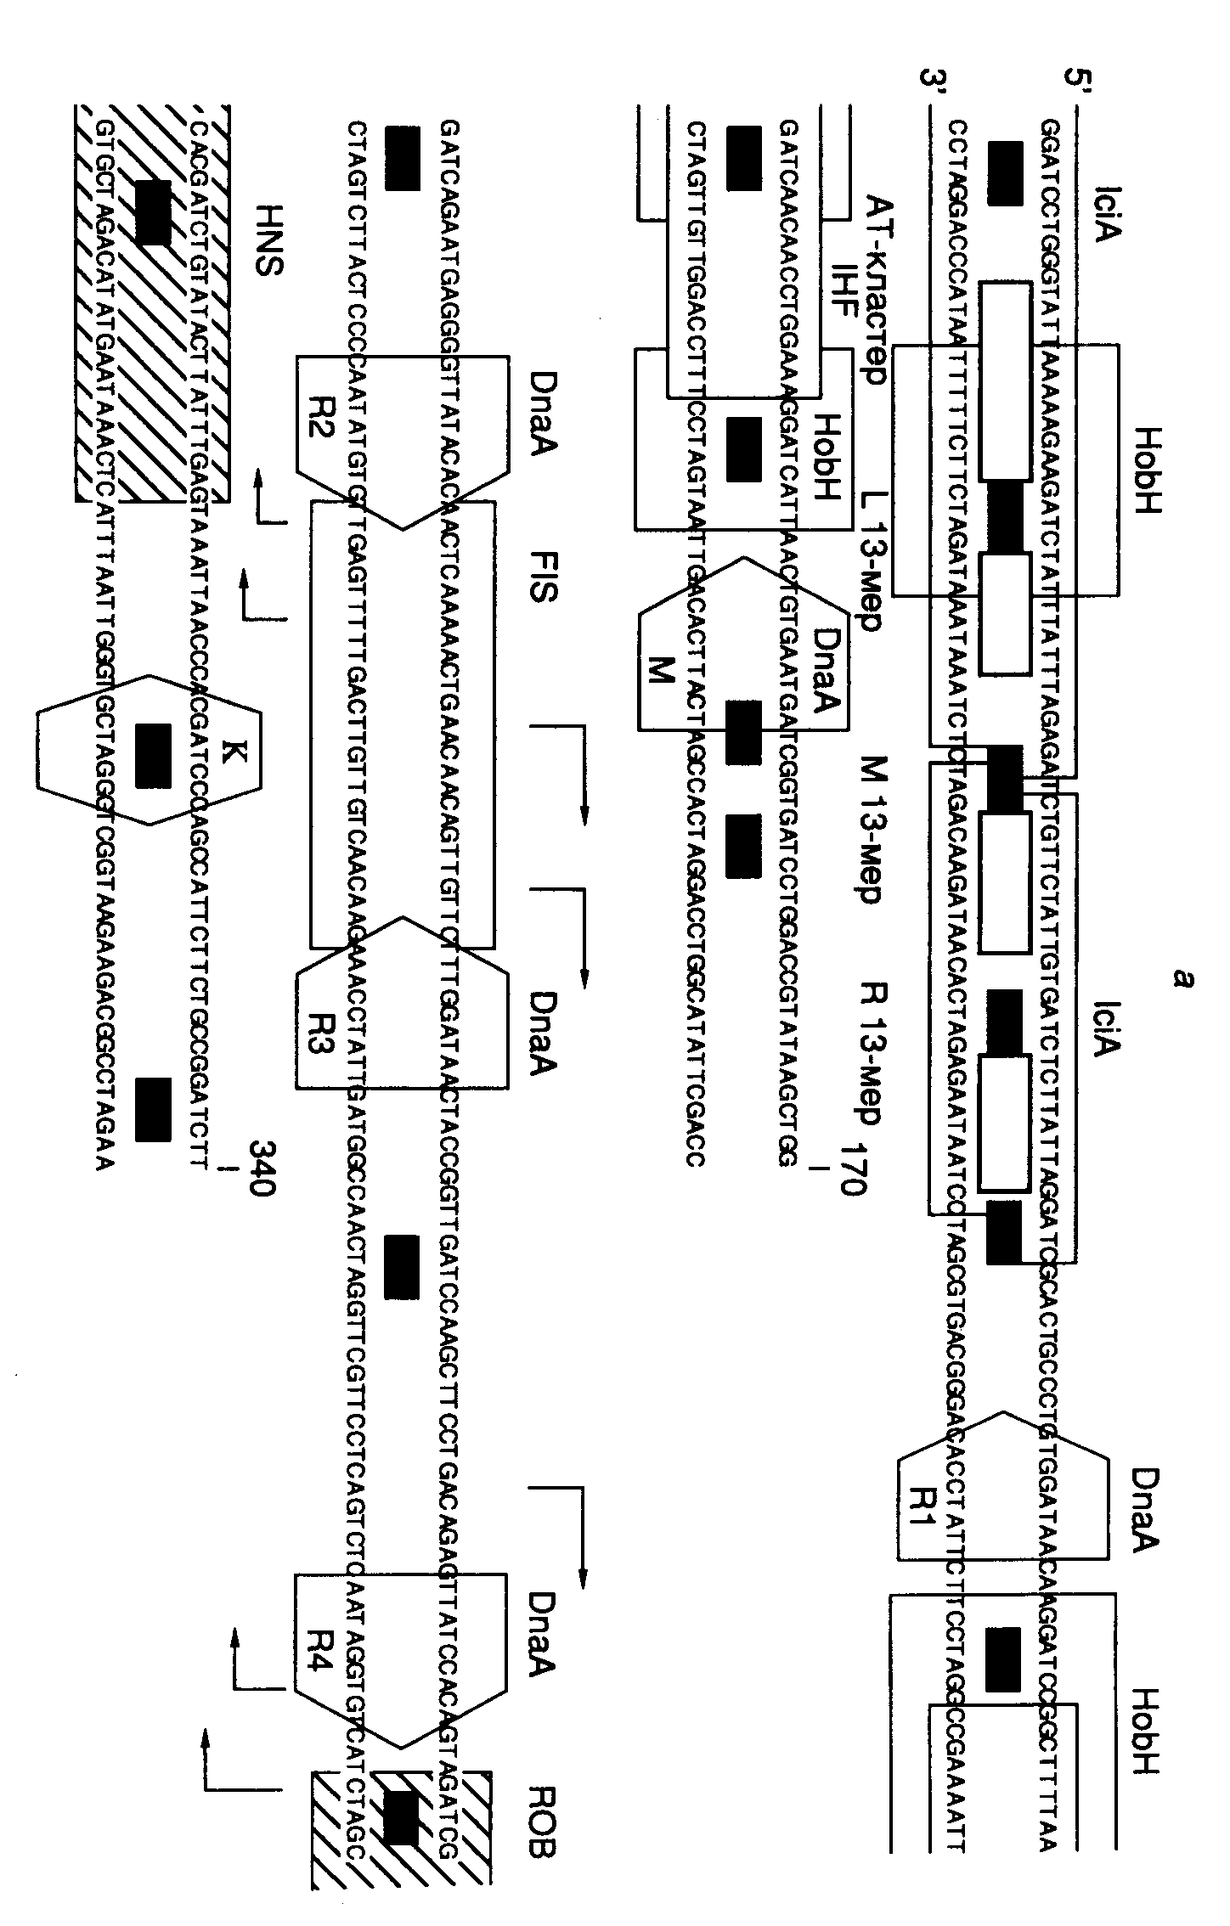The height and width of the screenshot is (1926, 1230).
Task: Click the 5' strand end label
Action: [x=1080, y=87]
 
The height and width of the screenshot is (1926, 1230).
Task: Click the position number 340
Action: [x=260, y=1168]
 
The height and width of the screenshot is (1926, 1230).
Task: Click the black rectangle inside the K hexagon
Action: [x=154, y=755]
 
